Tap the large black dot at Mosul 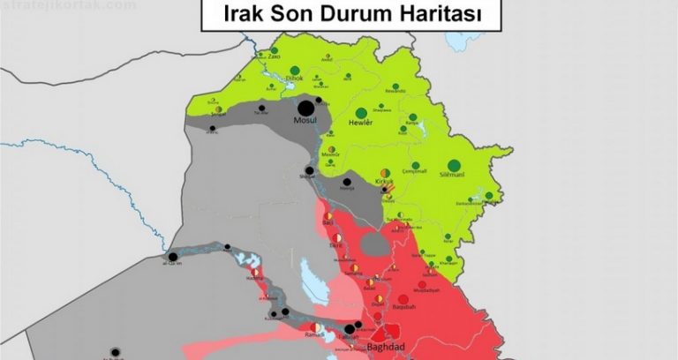[x=305, y=108]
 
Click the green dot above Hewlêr [x=360, y=113]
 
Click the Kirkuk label [x=384, y=182]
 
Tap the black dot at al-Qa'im [x=173, y=257]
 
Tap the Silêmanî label [x=454, y=176]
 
